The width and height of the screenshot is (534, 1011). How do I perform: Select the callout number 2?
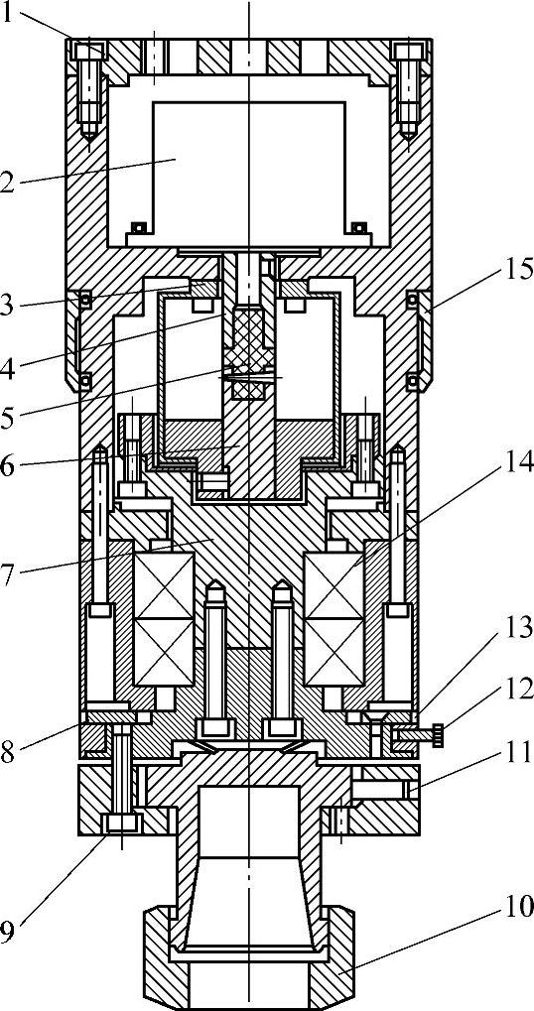(x=7, y=183)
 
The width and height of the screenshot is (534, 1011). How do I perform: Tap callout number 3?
(x=7, y=305)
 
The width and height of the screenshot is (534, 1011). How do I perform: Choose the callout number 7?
(x=8, y=576)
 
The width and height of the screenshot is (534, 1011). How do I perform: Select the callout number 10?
(x=518, y=908)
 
